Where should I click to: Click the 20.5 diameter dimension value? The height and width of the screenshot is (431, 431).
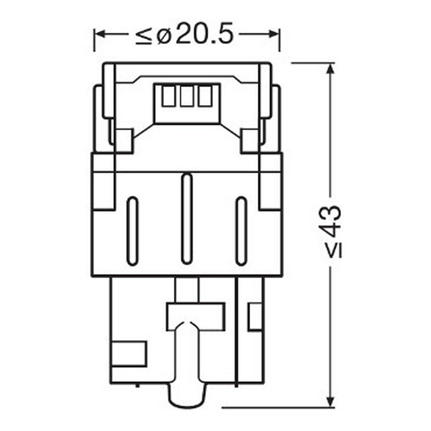click(x=204, y=33)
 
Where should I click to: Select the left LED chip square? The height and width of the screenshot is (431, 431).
click(x=169, y=97)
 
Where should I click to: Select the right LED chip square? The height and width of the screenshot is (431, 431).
click(x=205, y=97)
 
